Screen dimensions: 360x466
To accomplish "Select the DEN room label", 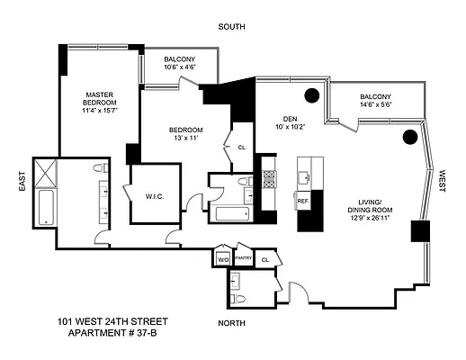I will point(289,117).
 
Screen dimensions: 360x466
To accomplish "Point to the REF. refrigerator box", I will point(303,202).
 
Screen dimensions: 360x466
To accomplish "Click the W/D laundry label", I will point(222,259).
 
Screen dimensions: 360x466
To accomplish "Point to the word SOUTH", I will point(232,27).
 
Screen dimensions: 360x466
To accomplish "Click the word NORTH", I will point(232,321).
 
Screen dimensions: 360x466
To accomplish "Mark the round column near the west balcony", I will point(408,137).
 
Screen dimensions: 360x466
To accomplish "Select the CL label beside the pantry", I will point(264,259).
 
